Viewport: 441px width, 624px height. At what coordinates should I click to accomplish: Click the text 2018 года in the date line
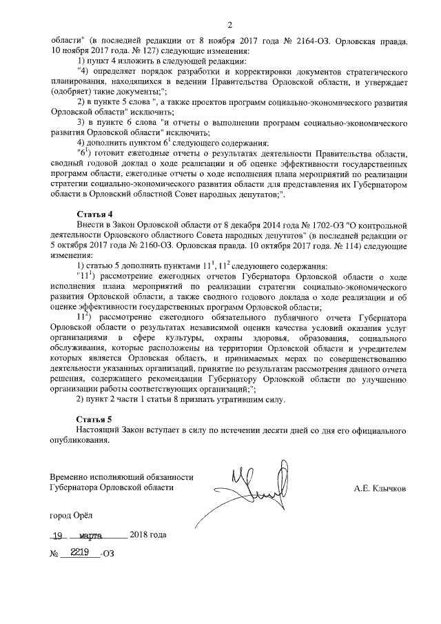(x=148, y=535)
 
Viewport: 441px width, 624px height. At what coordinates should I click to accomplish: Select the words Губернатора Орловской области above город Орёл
(x=112, y=487)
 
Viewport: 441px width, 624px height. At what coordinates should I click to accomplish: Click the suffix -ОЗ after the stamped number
(x=107, y=553)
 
